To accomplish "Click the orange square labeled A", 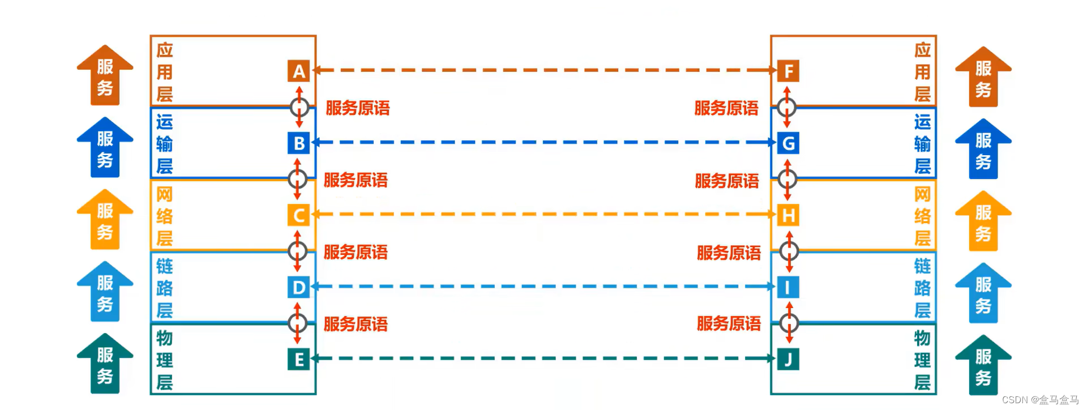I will pos(298,71).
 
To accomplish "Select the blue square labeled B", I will pos(298,143).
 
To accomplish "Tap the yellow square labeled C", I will pos(298,215).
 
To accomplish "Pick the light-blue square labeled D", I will pos(298,288).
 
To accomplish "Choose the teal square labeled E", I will pos(298,360).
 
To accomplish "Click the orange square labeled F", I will pos(788,71).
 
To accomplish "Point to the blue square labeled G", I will pos(788,143).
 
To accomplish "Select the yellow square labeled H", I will pos(788,215).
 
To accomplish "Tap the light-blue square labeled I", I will pos(788,288).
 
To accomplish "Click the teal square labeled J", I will pos(788,360).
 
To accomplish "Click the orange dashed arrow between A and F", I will pos(543,70).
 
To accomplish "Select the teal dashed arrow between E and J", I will pos(543,358).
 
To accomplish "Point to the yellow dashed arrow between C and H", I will pos(543,214).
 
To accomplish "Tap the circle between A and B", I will pos(299,107).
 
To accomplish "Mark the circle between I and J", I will pos(789,323).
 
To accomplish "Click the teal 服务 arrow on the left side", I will pos(105,364).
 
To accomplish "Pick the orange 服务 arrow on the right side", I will pos(983,78).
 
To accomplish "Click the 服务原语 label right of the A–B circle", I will pos(358,108).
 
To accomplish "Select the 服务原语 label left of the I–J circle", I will pos(729,324).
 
